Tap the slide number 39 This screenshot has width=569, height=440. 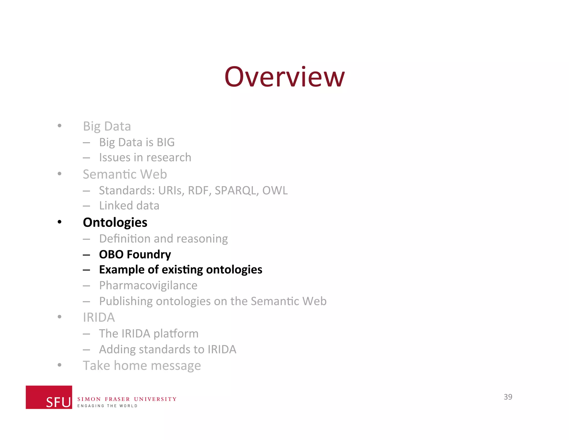(508, 397)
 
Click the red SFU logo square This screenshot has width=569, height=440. (49, 397)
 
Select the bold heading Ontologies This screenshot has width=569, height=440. (115, 223)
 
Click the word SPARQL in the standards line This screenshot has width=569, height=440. (236, 191)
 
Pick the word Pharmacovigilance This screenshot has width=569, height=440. (148, 285)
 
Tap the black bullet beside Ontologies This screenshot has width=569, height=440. (59, 222)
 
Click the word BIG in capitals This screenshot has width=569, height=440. (166, 142)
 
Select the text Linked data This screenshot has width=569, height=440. (129, 206)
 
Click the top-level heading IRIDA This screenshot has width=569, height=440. (99, 317)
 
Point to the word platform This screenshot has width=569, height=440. (176, 334)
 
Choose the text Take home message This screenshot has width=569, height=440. (142, 365)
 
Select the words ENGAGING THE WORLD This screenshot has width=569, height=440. (107, 406)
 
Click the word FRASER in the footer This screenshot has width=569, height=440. (117, 399)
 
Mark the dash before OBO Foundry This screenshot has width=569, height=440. (86, 255)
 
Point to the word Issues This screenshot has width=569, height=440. (114, 158)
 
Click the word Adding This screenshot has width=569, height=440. (117, 350)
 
